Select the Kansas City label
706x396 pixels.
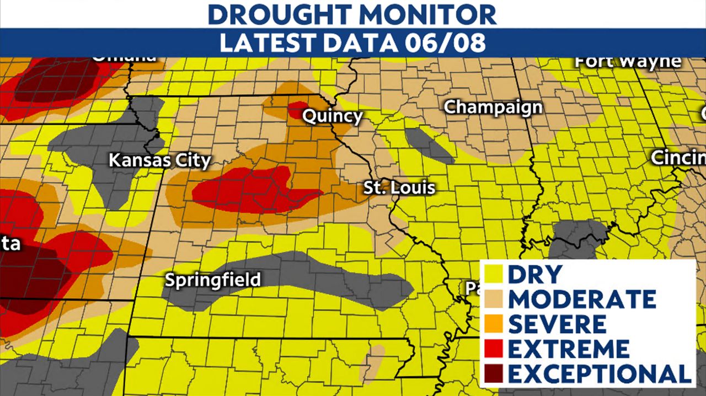(x=159, y=161)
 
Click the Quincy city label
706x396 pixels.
(x=333, y=117)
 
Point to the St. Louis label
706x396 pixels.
(x=399, y=188)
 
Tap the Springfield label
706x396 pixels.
(x=213, y=280)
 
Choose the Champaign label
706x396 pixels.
(x=493, y=107)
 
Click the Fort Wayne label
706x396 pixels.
(x=628, y=61)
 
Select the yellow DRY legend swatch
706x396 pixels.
(x=494, y=275)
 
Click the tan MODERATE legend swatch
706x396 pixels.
(x=494, y=299)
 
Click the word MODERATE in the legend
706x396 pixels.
(x=582, y=299)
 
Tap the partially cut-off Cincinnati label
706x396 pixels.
(x=678, y=158)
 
